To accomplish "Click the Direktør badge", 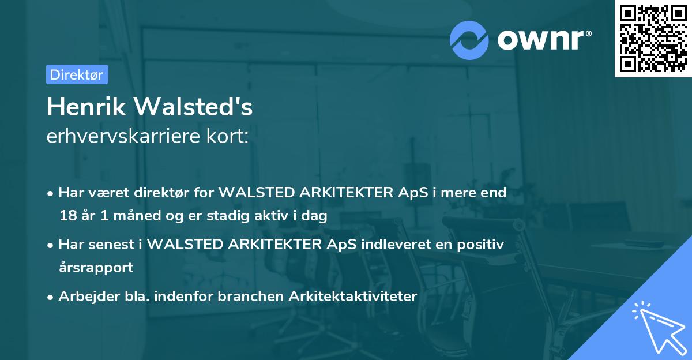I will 77,74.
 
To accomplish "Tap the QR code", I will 653,39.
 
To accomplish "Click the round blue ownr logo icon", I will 469,40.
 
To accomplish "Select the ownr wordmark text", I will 541,39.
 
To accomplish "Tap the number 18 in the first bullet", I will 67,216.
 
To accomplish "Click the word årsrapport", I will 96,268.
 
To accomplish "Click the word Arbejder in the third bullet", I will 84,297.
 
